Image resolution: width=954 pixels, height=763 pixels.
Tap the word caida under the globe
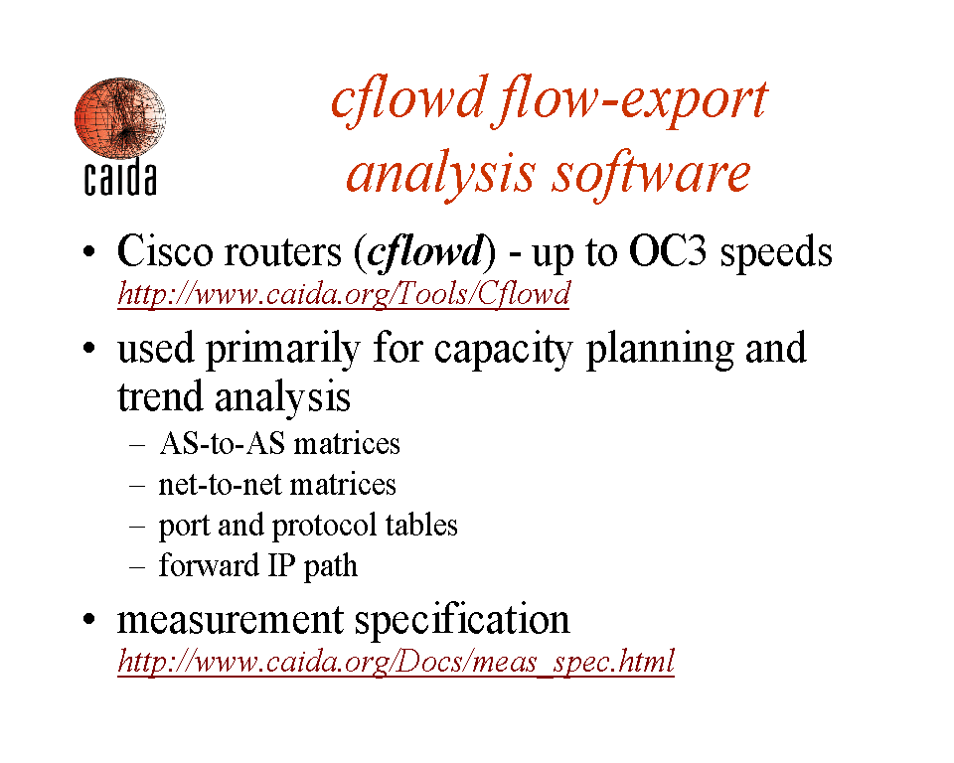pyautogui.click(x=120, y=178)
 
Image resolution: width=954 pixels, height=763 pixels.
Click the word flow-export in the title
pyautogui.click(x=633, y=101)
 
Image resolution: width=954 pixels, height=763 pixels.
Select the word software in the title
pyautogui.click(x=652, y=174)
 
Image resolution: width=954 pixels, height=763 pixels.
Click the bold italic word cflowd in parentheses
pyautogui.click(x=426, y=251)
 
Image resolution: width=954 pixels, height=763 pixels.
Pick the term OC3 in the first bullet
pyautogui.click(x=668, y=251)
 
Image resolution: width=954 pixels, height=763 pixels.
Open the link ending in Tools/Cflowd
pyautogui.click(x=344, y=294)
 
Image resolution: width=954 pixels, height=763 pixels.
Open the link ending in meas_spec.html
pyautogui.click(x=397, y=661)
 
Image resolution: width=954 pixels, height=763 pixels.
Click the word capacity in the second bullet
pyautogui.click(x=503, y=350)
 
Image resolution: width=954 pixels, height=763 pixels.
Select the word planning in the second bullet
pyautogui.click(x=660, y=350)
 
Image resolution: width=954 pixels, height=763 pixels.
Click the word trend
pyautogui.click(x=160, y=396)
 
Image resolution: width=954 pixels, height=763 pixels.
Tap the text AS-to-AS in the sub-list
pyautogui.click(x=222, y=443)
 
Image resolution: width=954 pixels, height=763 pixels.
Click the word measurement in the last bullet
pyautogui.click(x=230, y=620)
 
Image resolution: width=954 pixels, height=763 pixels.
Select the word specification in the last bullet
pyautogui.click(x=462, y=620)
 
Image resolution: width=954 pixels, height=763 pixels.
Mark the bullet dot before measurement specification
pyautogui.click(x=89, y=620)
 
